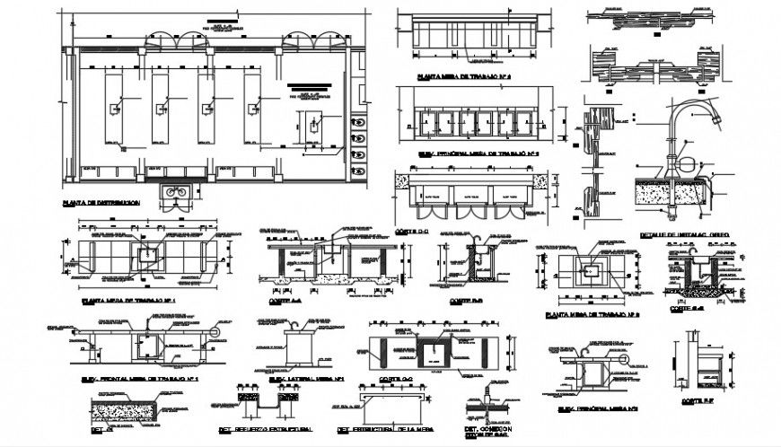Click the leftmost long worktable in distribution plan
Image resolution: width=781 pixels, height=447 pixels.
[114, 109]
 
